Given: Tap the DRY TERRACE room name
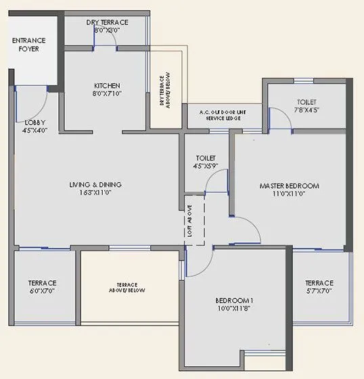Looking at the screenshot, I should click(x=107, y=22).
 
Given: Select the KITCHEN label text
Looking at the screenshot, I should click(x=107, y=85).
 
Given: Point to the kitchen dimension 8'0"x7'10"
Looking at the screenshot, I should click(x=107, y=94).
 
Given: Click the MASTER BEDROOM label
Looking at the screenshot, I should click(x=289, y=185).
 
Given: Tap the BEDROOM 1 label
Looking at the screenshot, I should click(x=234, y=300).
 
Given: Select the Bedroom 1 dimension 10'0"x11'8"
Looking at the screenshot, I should click(x=234, y=309).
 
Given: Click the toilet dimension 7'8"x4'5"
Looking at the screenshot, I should click(x=305, y=109).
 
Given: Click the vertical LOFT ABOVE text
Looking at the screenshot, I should click(x=190, y=220).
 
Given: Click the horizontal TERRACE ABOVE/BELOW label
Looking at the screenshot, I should click(x=127, y=288).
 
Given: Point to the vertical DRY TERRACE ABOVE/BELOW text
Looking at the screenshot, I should click(x=163, y=89).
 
